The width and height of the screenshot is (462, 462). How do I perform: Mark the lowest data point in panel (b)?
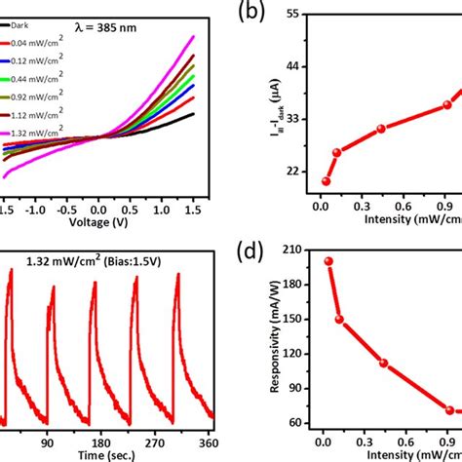(x=326, y=181)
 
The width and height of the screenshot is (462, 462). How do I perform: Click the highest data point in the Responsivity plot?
(x=328, y=261)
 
